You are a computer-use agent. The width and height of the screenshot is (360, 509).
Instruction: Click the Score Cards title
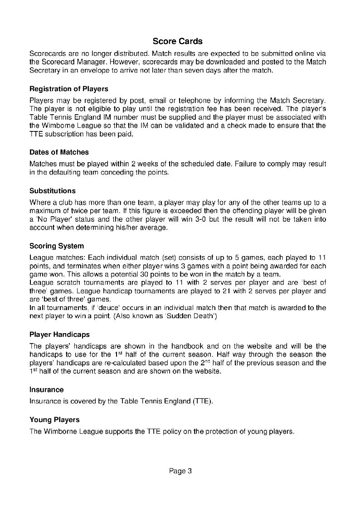click(x=177, y=42)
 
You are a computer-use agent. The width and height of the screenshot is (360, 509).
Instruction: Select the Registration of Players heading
click(x=68, y=89)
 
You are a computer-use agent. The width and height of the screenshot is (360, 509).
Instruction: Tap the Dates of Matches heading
click(x=59, y=152)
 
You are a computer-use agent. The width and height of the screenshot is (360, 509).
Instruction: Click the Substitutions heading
click(x=53, y=190)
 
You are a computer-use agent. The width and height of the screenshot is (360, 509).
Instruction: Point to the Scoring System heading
click(x=57, y=246)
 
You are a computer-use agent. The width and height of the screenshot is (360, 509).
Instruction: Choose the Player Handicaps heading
click(x=59, y=335)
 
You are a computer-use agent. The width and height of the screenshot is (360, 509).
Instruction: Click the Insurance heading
click(x=46, y=389)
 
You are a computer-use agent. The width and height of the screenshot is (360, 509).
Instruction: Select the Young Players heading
click(x=54, y=420)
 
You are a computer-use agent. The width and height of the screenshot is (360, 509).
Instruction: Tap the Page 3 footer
click(x=180, y=471)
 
